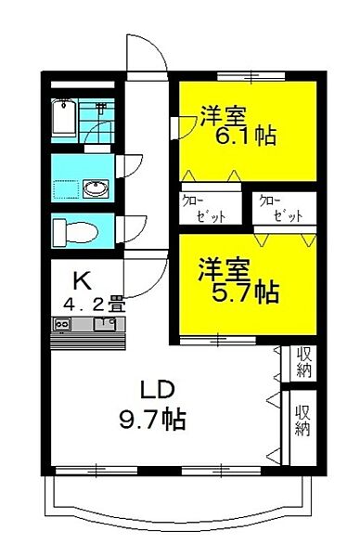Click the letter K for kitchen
tap(82, 278)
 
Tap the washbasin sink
tap(95, 189)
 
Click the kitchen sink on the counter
tap(104, 323)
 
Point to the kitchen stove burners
tap(63, 323)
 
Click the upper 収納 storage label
tap(302, 362)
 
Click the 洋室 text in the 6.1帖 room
tap(222, 117)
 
